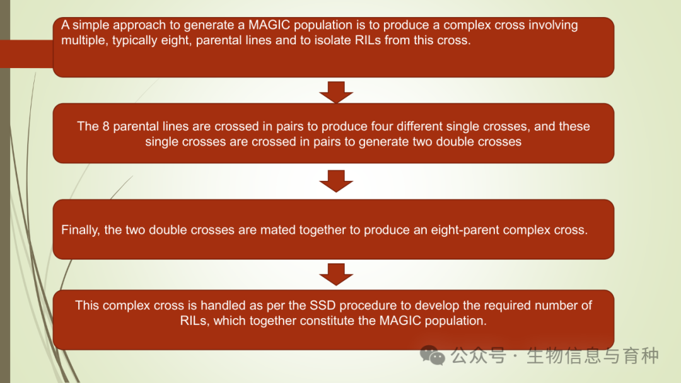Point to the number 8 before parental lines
pos(105,126)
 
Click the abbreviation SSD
pos(322,306)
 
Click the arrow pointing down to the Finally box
pos(336,181)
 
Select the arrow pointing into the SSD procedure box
pos(336,274)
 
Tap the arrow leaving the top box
pos(336,92)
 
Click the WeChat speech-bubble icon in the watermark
pos(432,355)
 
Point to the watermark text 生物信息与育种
pos(592,356)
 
